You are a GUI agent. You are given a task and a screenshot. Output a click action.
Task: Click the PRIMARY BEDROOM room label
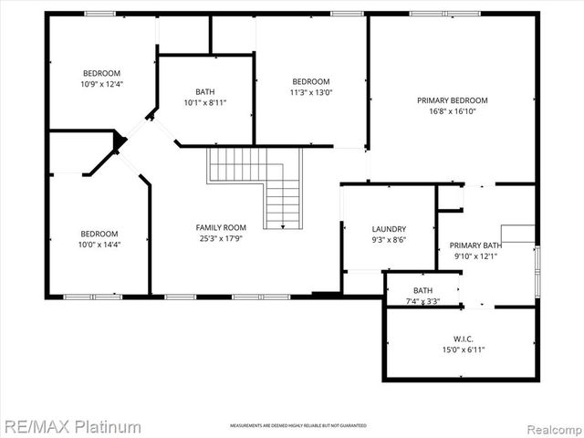point(453,100)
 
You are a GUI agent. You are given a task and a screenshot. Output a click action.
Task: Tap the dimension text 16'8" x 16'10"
point(453,111)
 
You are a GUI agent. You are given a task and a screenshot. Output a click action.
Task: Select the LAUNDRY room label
point(389,229)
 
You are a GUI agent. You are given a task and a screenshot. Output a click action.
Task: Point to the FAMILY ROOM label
point(221,227)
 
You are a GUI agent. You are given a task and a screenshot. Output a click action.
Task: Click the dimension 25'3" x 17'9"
point(221,238)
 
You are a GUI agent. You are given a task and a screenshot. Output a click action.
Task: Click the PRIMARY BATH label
point(475,245)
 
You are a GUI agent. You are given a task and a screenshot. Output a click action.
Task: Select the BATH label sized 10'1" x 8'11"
point(204,91)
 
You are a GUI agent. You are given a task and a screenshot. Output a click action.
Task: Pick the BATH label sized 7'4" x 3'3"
point(422,290)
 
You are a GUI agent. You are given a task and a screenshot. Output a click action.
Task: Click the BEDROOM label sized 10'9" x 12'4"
point(101,73)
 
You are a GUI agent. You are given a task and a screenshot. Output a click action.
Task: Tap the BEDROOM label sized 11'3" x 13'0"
point(310,81)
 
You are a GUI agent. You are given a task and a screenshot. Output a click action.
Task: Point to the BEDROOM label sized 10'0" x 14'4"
point(99,234)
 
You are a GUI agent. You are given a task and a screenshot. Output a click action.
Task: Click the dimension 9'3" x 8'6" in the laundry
point(389,240)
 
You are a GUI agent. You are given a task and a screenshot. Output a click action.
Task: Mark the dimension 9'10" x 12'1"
point(475,255)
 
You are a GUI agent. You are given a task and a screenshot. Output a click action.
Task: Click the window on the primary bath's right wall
point(537,265)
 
